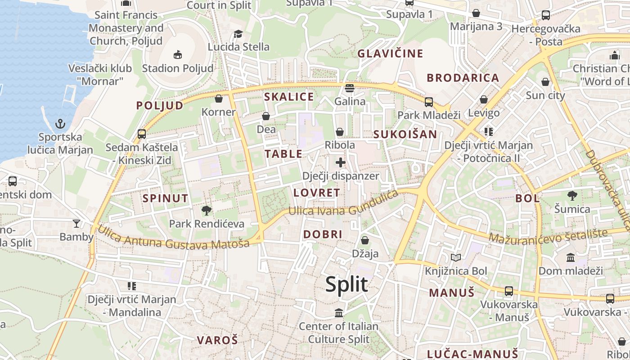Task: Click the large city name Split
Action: click(346, 284)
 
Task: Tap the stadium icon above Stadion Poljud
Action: click(178, 55)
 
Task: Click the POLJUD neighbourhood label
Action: click(160, 105)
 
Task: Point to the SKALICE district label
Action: click(289, 97)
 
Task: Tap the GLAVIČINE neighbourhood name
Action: click(391, 54)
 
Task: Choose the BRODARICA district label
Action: click(463, 78)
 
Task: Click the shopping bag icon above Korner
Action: click(219, 99)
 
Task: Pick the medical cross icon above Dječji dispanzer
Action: click(341, 162)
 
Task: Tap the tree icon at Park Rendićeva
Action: click(207, 210)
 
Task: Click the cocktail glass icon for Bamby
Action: click(76, 223)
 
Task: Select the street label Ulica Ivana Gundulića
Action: click(344, 205)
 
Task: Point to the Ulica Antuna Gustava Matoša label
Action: click(174, 238)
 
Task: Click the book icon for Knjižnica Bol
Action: click(456, 257)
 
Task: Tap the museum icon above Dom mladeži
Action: click(571, 257)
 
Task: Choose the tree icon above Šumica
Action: click(572, 196)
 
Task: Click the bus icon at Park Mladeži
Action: click(429, 102)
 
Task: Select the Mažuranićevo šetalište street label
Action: click(548, 236)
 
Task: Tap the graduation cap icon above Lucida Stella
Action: click(238, 34)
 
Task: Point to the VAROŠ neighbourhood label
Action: click(217, 340)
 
